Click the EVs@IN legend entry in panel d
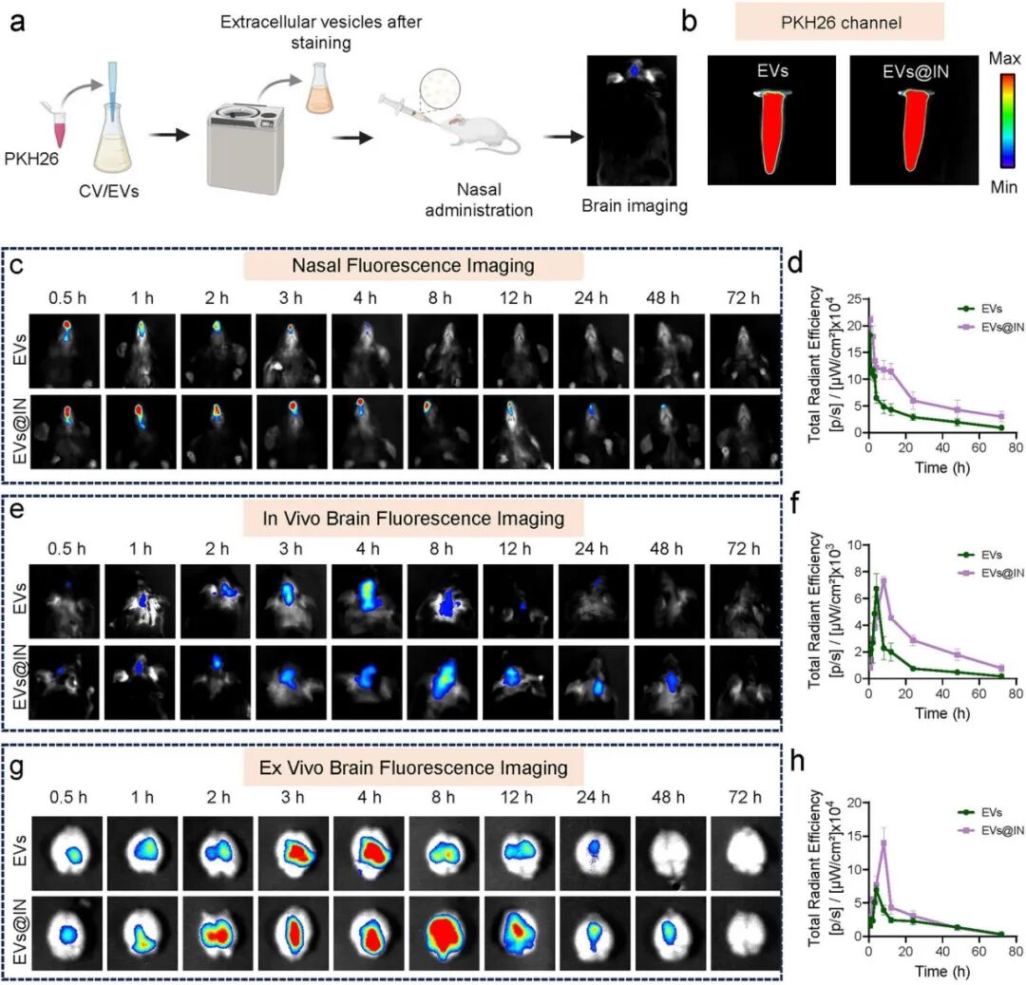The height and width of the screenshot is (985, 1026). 990,324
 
